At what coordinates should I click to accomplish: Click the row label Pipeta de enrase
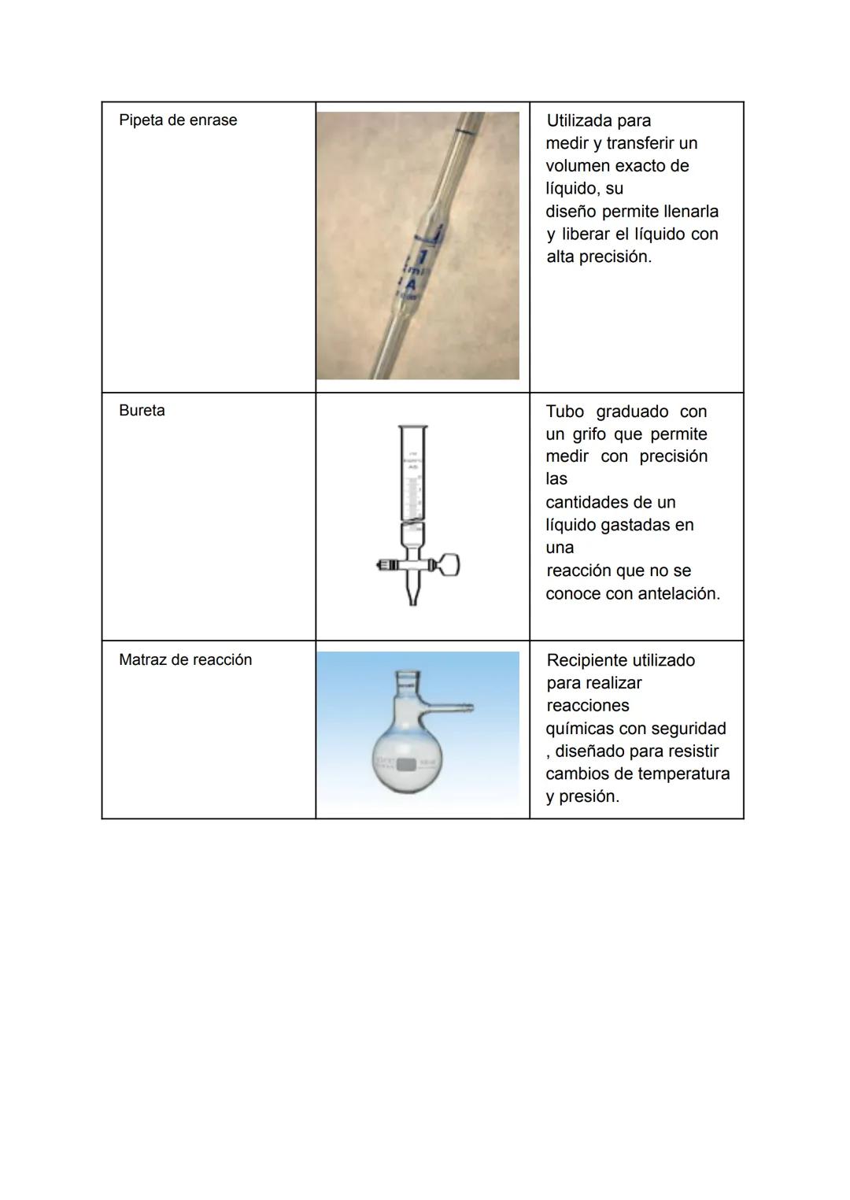pyautogui.click(x=178, y=120)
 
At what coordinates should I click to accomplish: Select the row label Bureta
pyautogui.click(x=142, y=411)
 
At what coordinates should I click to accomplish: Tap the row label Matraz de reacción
pyautogui.click(x=185, y=660)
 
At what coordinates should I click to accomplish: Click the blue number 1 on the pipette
pyautogui.click(x=423, y=257)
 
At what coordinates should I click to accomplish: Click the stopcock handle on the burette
pyautogui.click(x=449, y=564)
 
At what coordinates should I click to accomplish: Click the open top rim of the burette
pyautogui.click(x=413, y=427)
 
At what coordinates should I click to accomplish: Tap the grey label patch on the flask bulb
pyautogui.click(x=406, y=763)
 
